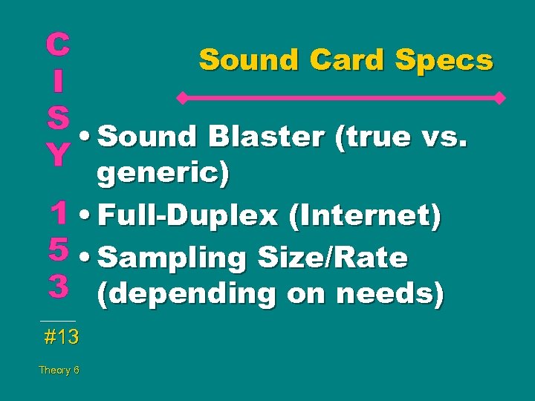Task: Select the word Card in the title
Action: tap(352, 59)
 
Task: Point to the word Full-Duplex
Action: tap(188, 216)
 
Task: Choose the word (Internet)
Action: tap(366, 216)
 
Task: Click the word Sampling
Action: tap(172, 258)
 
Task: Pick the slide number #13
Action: tap(61, 338)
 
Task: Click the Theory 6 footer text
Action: tap(59, 370)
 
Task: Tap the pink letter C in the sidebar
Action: tap(57, 45)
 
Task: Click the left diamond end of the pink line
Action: tap(180, 97)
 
